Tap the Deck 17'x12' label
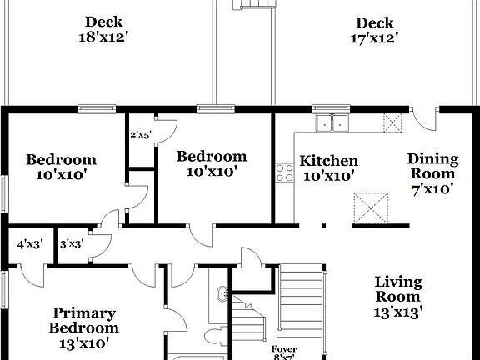[374, 30]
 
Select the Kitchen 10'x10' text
[329, 168]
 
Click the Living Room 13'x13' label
[397, 297]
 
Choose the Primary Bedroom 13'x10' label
[83, 327]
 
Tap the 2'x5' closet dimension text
[140, 134]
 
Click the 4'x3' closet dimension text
[30, 245]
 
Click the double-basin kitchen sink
[333, 124]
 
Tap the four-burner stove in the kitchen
[285, 172]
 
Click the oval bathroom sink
[222, 293]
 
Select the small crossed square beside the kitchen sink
[392, 123]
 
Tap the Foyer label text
[284, 349]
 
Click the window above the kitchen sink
[333, 108]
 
